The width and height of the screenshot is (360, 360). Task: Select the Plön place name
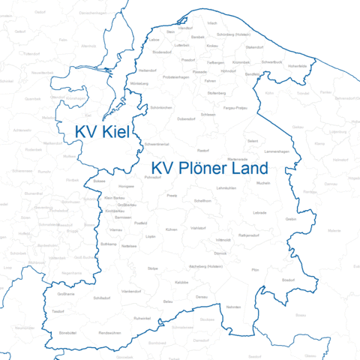[x=255, y=268]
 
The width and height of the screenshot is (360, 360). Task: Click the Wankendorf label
[x=132, y=289]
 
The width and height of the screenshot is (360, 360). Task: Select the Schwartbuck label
[x=271, y=62]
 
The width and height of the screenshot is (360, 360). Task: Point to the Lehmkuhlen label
[x=226, y=187]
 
